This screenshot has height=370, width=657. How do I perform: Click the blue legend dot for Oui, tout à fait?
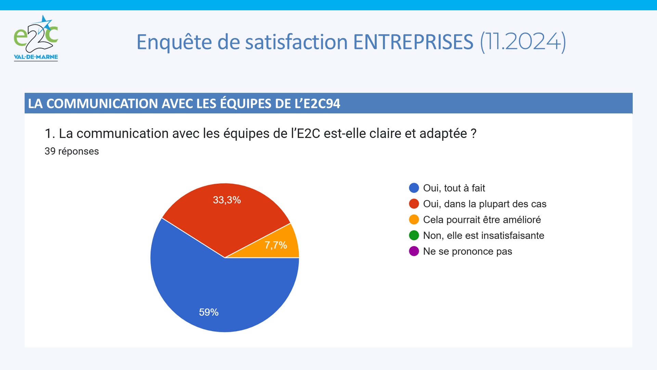pyautogui.click(x=414, y=188)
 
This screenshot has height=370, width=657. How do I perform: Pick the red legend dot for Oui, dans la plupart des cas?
pyautogui.click(x=414, y=203)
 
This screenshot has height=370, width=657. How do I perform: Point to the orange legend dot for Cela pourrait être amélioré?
pyautogui.click(x=414, y=219)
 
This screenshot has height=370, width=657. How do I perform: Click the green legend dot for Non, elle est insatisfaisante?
pyautogui.click(x=414, y=235)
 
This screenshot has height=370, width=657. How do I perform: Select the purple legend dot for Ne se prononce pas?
pyautogui.click(x=414, y=251)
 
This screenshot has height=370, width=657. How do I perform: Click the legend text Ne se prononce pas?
pyautogui.click(x=467, y=251)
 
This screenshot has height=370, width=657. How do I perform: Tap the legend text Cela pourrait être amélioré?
pyautogui.click(x=482, y=220)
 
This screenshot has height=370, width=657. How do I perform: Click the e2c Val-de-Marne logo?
pyautogui.click(x=36, y=38)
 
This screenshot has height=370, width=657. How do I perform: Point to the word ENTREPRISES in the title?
pyautogui.click(x=413, y=42)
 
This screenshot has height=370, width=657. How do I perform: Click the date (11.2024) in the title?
pyautogui.click(x=523, y=42)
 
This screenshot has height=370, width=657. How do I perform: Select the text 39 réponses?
pyautogui.click(x=72, y=151)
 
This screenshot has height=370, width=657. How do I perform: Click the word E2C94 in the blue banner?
pyautogui.click(x=322, y=103)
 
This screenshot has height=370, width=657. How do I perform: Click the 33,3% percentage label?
pyautogui.click(x=227, y=200)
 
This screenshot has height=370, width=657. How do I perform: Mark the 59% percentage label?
pyautogui.click(x=209, y=312)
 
